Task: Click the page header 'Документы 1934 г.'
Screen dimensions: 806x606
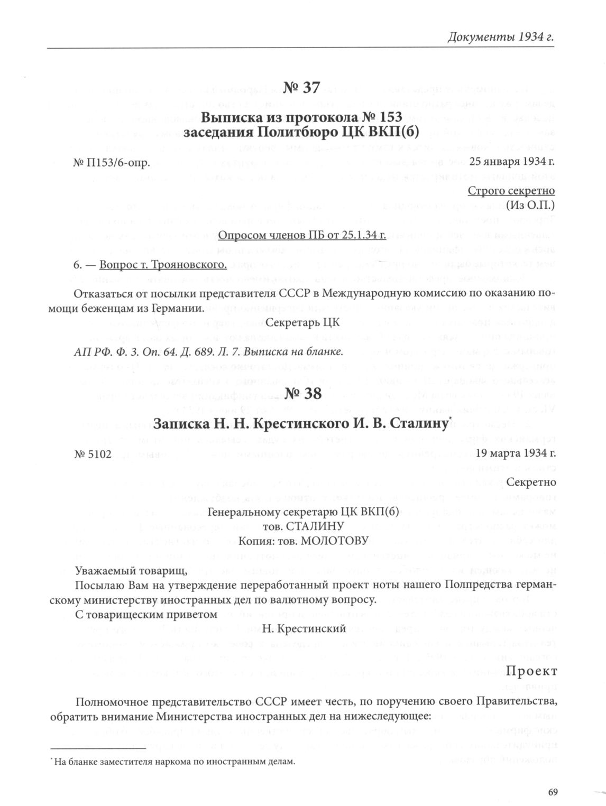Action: (500, 38)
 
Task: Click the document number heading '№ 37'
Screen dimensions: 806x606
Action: (302, 88)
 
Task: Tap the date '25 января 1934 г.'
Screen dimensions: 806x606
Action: (512, 162)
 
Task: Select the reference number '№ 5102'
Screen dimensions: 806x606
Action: (93, 454)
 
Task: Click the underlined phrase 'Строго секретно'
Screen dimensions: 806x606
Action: (511, 191)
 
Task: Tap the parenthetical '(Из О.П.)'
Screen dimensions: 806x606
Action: (530, 205)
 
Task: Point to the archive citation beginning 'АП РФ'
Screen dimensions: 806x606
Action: (208, 351)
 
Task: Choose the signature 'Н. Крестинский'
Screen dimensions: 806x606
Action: (304, 628)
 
